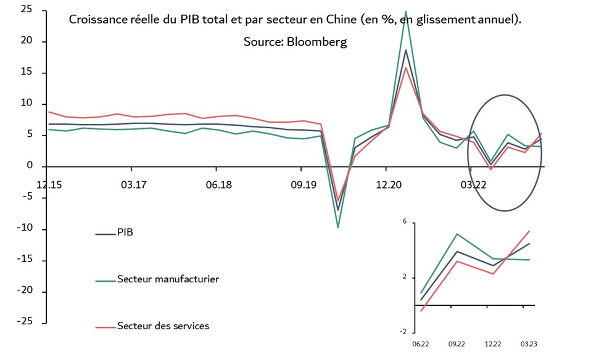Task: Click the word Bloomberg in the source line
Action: point(316,42)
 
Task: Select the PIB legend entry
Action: point(125,234)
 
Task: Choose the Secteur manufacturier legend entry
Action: point(168,279)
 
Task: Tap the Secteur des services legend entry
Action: point(163,325)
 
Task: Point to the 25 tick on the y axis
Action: point(27,10)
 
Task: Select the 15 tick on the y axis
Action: point(27,72)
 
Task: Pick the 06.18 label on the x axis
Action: point(217,184)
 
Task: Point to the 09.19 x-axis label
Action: point(302,184)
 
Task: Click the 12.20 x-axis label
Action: point(386,184)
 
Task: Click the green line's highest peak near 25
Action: point(405,11)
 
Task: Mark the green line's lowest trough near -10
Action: point(337,227)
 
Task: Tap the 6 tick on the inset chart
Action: point(405,221)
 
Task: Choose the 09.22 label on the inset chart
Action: point(457,345)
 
